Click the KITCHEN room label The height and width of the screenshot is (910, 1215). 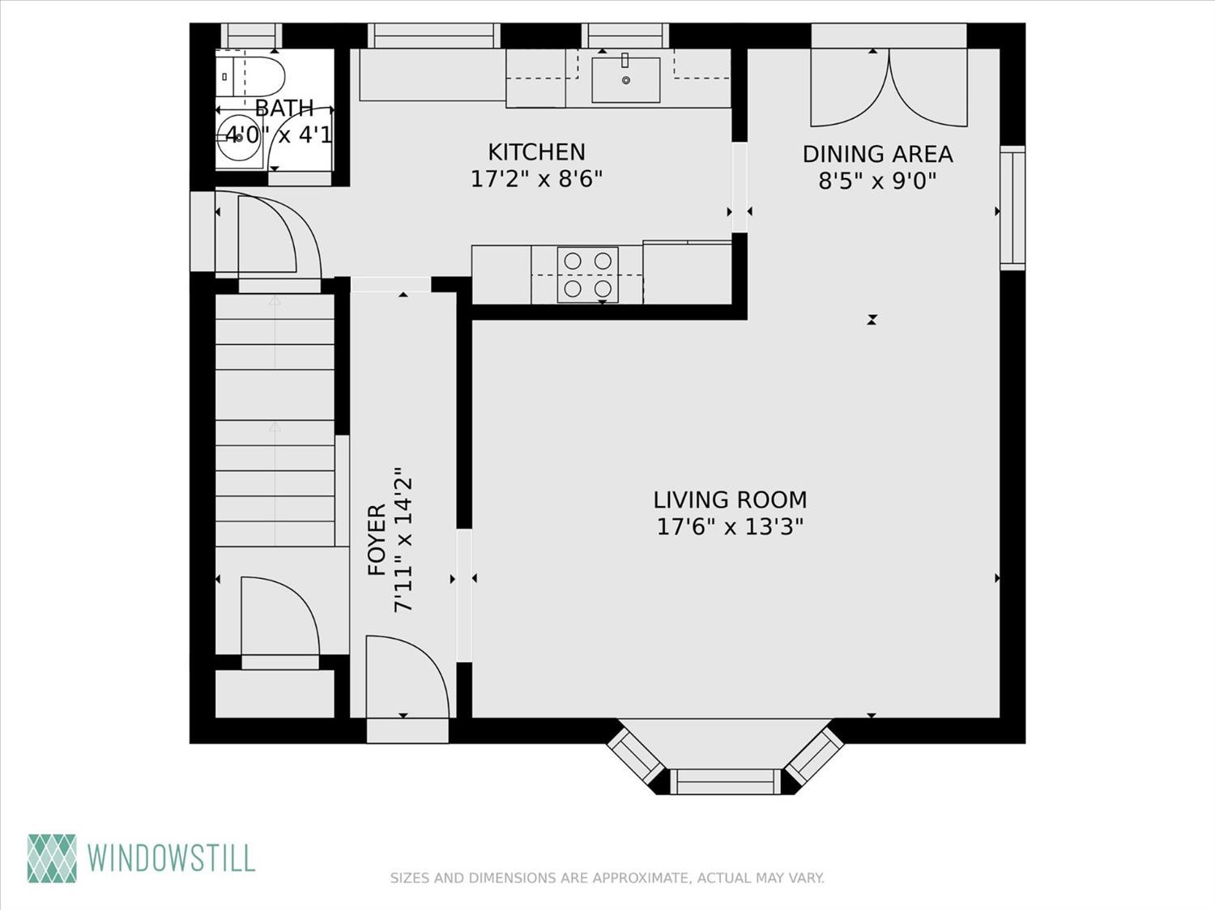pyautogui.click(x=536, y=152)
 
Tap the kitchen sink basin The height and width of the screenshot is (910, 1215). pyautogui.click(x=625, y=80)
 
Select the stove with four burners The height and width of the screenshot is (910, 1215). pyautogui.click(x=587, y=275)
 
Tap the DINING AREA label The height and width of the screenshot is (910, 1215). pyautogui.click(x=878, y=155)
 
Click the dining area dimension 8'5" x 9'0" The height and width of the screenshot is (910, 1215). pyautogui.click(x=877, y=181)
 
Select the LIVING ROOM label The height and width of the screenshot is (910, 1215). pyautogui.click(x=730, y=500)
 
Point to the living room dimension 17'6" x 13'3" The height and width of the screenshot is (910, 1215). pyautogui.click(x=730, y=526)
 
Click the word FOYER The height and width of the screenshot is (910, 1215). pyautogui.click(x=377, y=539)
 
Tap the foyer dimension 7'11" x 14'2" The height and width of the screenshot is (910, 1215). pyautogui.click(x=403, y=540)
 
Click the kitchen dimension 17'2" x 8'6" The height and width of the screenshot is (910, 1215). pyautogui.click(x=536, y=179)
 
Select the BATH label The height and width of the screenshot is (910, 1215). pyautogui.click(x=284, y=108)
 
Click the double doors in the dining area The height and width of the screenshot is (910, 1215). pyautogui.click(x=889, y=88)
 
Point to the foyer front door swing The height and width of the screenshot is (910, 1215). pyautogui.click(x=407, y=677)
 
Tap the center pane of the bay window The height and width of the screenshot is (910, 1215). pyautogui.click(x=725, y=781)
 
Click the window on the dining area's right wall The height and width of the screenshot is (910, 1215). pyautogui.click(x=1013, y=208)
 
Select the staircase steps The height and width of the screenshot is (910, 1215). pyautogui.click(x=275, y=420)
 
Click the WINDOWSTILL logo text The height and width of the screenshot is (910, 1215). pyautogui.click(x=171, y=858)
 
